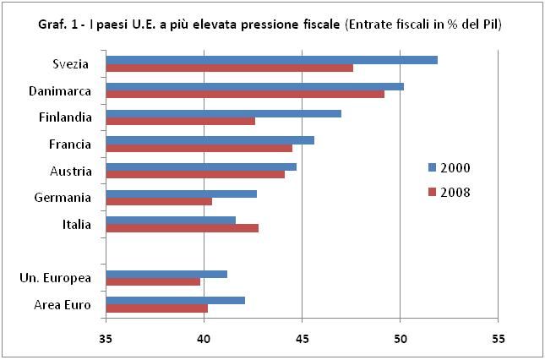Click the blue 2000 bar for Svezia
click(270, 59)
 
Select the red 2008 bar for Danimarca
click(245, 94)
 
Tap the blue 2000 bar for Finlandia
click(223, 112)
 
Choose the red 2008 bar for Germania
click(159, 201)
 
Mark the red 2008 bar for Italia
click(182, 228)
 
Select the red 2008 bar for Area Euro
click(156, 308)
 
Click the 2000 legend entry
click(449, 167)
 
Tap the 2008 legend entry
click(449, 192)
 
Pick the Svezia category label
click(71, 64)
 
